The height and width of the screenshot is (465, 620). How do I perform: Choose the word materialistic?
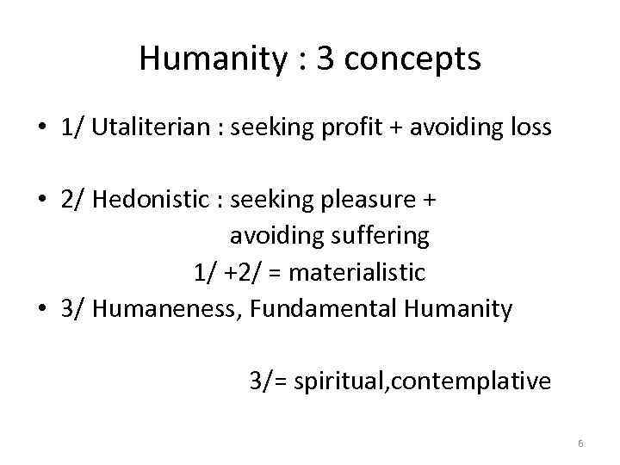tap(357, 272)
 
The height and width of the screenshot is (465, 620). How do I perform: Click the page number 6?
tap(580, 443)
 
